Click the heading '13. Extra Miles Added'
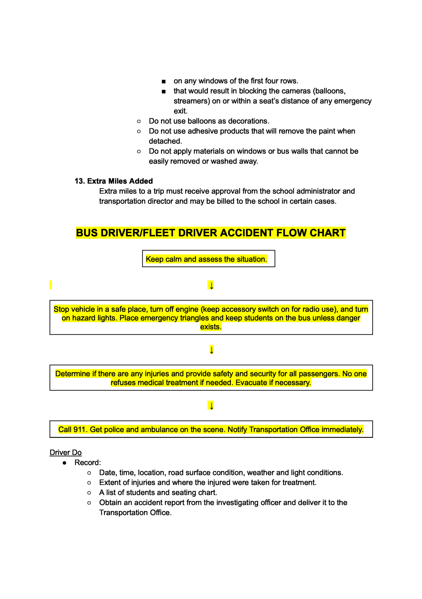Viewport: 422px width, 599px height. click(114, 181)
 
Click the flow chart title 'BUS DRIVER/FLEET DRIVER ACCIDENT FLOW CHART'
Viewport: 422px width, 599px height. click(211, 233)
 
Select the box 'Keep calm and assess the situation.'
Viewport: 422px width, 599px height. click(208, 259)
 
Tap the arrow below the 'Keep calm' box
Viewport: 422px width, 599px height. click(211, 285)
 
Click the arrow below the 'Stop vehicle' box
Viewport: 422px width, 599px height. click(211, 350)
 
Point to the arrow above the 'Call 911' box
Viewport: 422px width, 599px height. click(211, 406)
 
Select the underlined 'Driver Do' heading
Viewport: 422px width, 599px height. click(66, 452)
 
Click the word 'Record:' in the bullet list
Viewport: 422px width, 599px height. click(87, 463)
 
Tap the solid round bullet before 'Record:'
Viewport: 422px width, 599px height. click(64, 463)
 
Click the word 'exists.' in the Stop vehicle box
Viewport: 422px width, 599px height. click(211, 327)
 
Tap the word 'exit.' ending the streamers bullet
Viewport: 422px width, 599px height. click(181, 111)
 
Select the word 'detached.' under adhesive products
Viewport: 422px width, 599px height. click(165, 141)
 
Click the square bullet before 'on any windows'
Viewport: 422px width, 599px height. click(164, 82)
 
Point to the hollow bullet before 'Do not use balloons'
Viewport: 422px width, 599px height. click(139, 121)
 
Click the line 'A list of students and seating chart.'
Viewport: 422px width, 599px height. click(158, 493)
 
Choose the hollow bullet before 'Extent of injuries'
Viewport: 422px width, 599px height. click(89, 483)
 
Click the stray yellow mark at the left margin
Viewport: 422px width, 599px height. click(51, 285)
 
